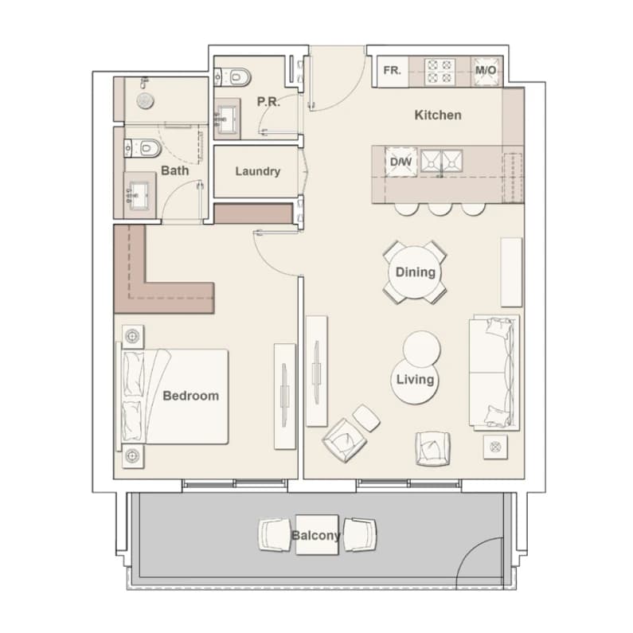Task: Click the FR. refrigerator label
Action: pyautogui.click(x=392, y=71)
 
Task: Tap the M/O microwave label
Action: pyautogui.click(x=486, y=71)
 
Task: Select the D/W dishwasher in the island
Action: pyautogui.click(x=401, y=162)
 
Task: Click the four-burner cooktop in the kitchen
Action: pyautogui.click(x=440, y=71)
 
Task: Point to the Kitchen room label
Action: pyautogui.click(x=438, y=115)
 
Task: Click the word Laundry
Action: pyautogui.click(x=258, y=171)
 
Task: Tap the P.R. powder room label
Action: pyautogui.click(x=268, y=102)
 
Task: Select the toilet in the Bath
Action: pyautogui.click(x=143, y=148)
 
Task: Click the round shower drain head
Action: pyautogui.click(x=145, y=101)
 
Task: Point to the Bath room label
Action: pyautogui.click(x=175, y=170)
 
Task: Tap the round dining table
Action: pyautogui.click(x=415, y=272)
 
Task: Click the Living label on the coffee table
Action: pyautogui.click(x=416, y=380)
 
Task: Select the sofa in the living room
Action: pyautogui.click(x=494, y=372)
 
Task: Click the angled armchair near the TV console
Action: pyautogui.click(x=344, y=440)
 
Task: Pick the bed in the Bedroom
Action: pyautogui.click(x=174, y=397)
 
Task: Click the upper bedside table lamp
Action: pyautogui.click(x=132, y=336)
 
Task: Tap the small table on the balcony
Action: pyautogui.click(x=317, y=535)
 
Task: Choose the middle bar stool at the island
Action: pyautogui.click(x=440, y=209)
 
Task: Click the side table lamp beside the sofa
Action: pyautogui.click(x=495, y=447)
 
